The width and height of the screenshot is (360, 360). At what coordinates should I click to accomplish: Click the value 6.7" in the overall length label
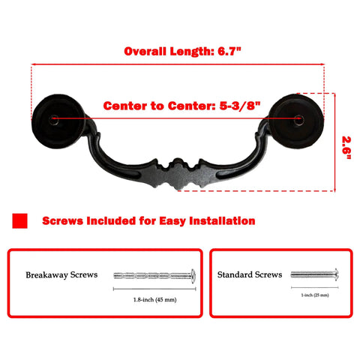tap(229, 51)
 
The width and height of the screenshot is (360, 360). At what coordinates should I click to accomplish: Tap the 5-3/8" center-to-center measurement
tap(240, 106)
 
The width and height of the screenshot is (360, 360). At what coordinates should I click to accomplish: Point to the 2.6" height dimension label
tap(346, 148)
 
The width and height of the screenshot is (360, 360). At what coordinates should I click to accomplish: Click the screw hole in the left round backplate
tap(54, 119)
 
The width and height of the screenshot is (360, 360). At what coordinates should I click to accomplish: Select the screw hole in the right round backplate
tap(298, 119)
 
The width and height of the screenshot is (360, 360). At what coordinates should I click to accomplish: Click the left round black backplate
tap(58, 121)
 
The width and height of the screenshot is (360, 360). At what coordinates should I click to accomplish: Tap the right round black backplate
tap(296, 121)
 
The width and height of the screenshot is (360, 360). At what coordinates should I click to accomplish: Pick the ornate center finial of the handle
tap(178, 174)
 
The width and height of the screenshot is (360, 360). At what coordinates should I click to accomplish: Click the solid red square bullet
tap(19, 220)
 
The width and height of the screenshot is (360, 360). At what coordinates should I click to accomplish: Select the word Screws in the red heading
tap(62, 221)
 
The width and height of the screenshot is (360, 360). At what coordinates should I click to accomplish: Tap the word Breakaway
tap(46, 275)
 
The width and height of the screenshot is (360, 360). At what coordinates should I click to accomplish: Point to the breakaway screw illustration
tap(154, 276)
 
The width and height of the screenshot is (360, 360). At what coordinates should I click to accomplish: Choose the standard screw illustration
tap(315, 274)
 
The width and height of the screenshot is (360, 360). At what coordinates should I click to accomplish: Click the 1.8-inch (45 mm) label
tap(155, 299)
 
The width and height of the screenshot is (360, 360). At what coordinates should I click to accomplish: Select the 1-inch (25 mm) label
tap(315, 295)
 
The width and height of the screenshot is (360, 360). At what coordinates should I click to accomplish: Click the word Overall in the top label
tap(145, 51)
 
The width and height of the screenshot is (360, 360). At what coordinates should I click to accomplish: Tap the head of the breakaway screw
tap(193, 276)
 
